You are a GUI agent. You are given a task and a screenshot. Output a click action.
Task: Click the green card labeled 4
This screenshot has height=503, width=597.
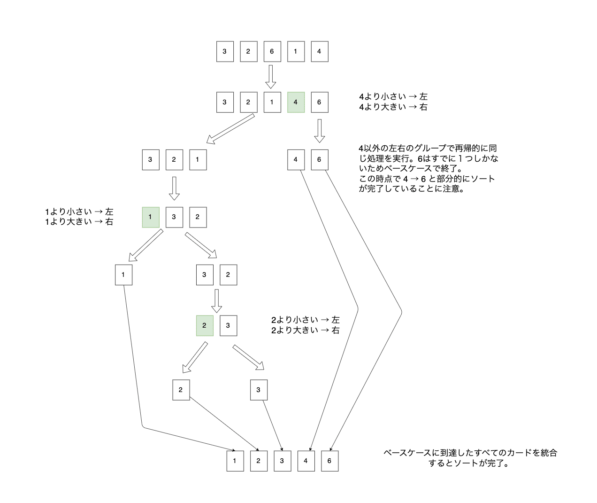(296, 102)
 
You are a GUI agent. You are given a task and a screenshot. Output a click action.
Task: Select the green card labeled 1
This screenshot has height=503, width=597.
(151, 217)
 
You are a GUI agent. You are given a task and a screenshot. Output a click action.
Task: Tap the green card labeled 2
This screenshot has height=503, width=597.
(205, 325)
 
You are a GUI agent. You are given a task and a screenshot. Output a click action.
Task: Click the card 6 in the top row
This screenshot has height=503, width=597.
(272, 51)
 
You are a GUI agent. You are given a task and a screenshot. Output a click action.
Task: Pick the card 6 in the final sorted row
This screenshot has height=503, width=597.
(329, 461)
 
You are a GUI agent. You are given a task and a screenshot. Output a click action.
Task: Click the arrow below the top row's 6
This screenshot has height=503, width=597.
(271, 77)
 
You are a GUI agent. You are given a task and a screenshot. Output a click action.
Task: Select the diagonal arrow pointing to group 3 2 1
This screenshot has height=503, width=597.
(230, 129)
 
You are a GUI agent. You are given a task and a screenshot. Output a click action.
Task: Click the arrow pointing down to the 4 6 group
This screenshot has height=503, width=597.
(320, 130)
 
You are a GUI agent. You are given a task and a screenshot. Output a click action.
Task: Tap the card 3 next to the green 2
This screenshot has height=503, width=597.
(228, 325)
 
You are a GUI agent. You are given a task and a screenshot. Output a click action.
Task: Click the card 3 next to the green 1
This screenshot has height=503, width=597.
(174, 217)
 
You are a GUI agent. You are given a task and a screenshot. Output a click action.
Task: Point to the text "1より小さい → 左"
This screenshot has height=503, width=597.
(79, 212)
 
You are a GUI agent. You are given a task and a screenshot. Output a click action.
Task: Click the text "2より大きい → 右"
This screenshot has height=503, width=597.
(305, 330)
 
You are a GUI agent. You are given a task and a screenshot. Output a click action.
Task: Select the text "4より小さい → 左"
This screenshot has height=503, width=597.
(393, 96)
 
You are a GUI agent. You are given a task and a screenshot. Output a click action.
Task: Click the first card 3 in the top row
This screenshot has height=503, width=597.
(225, 51)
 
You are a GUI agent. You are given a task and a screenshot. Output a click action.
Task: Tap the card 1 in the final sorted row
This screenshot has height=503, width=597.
(235, 461)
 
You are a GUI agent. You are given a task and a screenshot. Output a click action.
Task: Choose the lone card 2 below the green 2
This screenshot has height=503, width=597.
(181, 390)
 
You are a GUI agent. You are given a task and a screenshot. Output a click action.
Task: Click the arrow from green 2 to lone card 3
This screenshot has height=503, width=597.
(248, 357)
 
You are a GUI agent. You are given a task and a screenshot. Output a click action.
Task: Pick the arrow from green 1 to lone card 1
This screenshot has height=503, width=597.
(145, 245)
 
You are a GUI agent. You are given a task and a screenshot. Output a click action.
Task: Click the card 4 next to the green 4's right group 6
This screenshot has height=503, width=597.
(296, 159)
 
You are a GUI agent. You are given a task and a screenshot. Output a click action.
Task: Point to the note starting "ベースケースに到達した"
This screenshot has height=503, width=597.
(470, 458)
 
